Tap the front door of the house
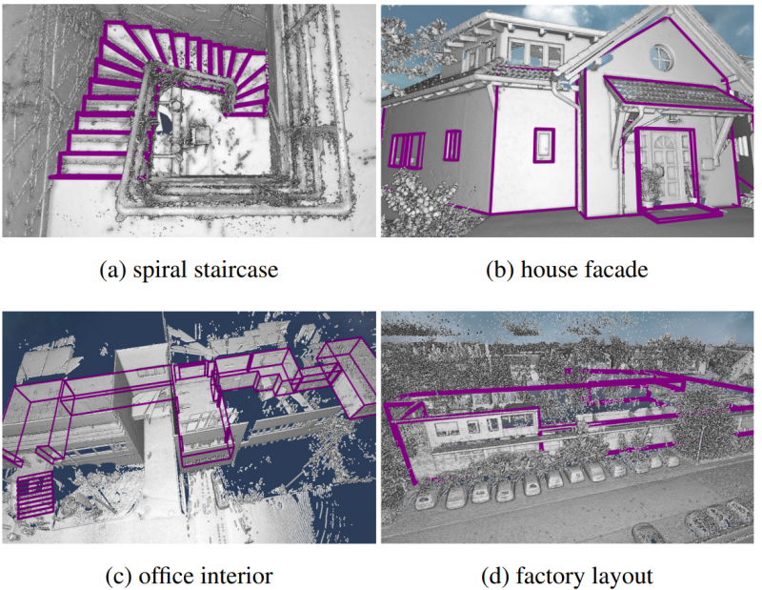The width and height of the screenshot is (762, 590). click(667, 166)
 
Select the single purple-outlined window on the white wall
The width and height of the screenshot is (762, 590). click(544, 145)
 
